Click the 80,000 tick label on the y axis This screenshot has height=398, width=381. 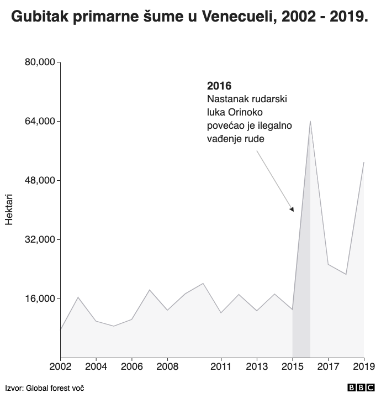coord(40,62)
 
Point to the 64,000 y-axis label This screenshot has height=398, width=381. coord(40,121)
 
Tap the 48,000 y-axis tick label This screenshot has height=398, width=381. coord(40,180)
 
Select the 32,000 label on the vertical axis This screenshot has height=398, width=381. coord(40,239)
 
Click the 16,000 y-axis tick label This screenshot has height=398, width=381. coord(40,298)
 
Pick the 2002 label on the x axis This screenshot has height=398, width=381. coord(60,366)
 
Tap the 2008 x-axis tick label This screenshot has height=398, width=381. coord(167,366)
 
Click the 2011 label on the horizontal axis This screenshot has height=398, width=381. coord(221,366)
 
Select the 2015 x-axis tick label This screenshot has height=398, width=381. coord(293,366)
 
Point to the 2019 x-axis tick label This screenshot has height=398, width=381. coord(363,366)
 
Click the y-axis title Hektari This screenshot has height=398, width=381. coord(9,210)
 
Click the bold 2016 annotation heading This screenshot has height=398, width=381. coord(219,86)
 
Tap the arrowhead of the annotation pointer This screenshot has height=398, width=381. coord(292,209)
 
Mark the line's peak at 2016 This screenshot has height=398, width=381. coord(310,121)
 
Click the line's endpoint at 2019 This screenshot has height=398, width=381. coord(364,162)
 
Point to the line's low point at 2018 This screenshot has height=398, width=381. coord(346,274)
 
